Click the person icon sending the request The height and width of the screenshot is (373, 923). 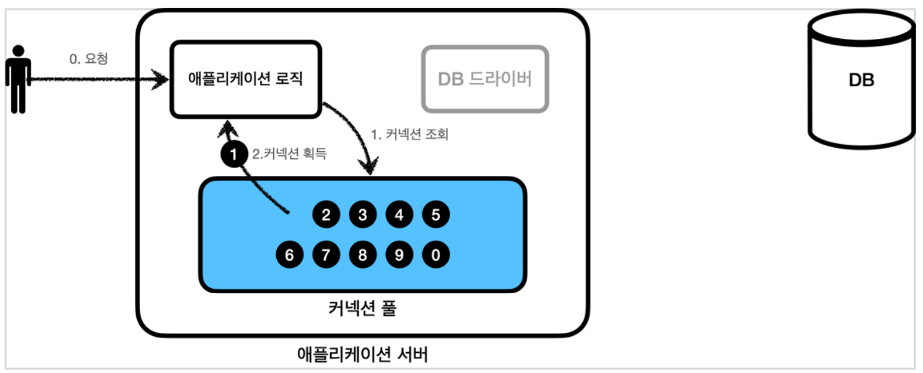18,78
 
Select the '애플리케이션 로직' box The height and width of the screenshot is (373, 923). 246,79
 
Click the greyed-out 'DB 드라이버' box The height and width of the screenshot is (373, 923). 485,79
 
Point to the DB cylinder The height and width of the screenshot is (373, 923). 861,81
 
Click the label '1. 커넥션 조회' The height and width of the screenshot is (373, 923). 409,135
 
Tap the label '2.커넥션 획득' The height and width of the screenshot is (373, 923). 289,154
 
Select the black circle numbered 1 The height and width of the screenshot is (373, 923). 232,154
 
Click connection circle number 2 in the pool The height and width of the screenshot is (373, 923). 326,215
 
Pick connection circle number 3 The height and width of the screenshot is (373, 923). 363,215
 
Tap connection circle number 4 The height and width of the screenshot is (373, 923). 399,215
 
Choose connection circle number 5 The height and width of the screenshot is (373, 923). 435,215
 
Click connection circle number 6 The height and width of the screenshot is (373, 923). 289,254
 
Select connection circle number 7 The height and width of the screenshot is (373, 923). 326,254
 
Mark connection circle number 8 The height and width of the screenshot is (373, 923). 363,254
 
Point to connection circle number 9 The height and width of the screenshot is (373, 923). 399,254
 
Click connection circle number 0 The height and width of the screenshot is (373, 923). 435,254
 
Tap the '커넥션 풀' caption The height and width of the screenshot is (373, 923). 362,308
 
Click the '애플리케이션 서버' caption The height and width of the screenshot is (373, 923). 362,355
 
